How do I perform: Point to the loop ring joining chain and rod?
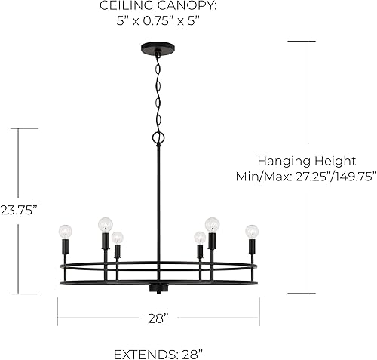(x=158, y=138)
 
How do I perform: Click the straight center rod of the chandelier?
(x=158, y=204)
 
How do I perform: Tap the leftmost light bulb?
(x=65, y=231)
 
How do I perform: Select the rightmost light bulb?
(x=252, y=231)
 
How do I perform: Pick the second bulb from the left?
(x=105, y=223)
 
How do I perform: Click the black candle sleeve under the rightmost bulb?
(x=252, y=247)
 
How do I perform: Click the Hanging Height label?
(x=307, y=161)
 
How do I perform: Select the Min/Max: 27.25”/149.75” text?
(x=307, y=176)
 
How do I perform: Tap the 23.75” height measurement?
(x=19, y=209)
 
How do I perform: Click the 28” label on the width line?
(x=157, y=318)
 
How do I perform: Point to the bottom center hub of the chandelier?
(x=158, y=288)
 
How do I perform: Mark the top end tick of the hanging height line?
(x=308, y=41)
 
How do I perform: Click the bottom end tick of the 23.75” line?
(x=27, y=293)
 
